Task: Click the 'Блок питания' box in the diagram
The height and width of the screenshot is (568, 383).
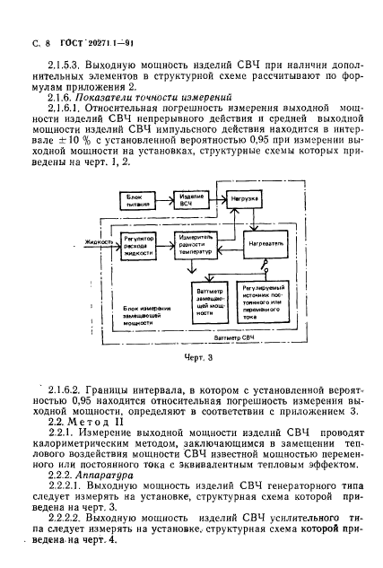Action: [136, 199]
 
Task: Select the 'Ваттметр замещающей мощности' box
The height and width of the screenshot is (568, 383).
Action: [205, 305]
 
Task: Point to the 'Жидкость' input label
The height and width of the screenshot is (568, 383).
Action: [97, 240]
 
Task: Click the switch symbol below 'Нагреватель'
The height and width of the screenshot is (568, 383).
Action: [261, 268]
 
